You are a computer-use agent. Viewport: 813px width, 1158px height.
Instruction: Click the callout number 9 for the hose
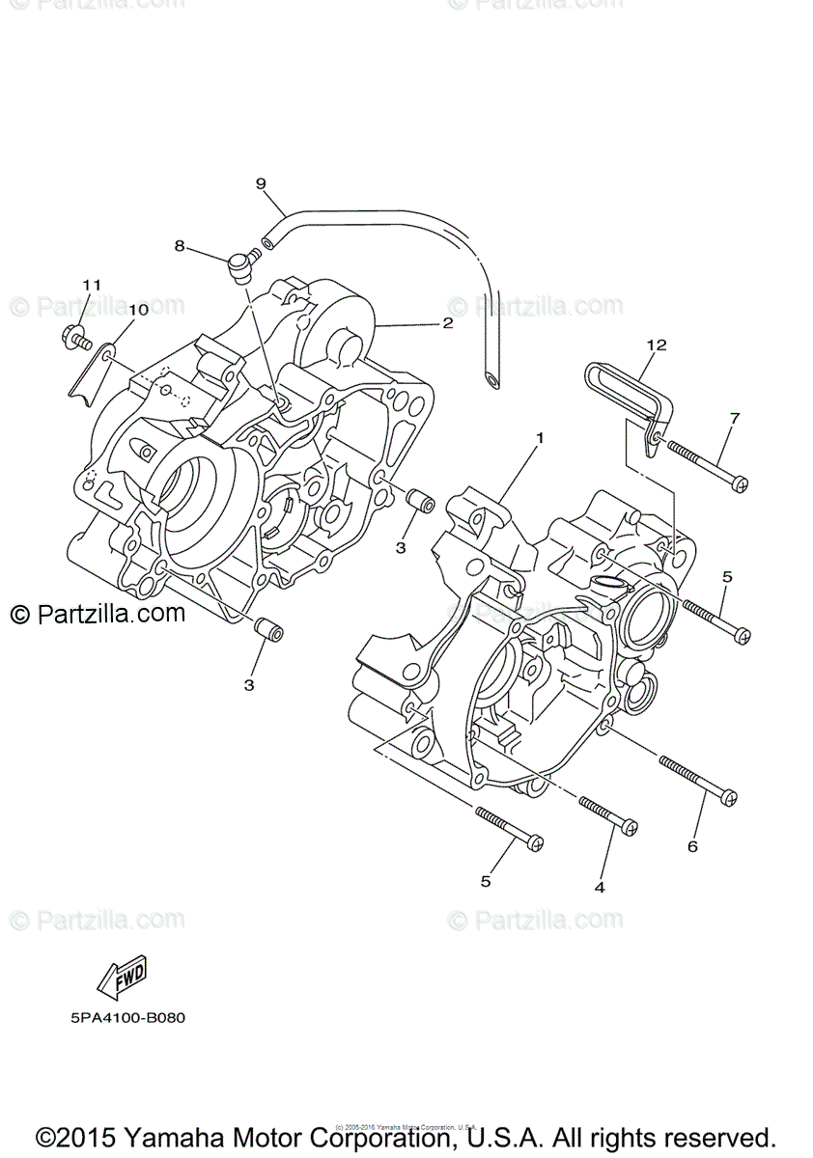(x=260, y=182)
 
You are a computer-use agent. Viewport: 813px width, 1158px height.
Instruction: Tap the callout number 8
(x=180, y=246)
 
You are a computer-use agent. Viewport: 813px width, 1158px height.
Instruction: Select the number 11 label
(x=91, y=285)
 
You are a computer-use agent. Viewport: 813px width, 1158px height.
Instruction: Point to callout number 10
(x=138, y=310)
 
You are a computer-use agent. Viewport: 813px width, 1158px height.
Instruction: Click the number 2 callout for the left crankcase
(x=447, y=323)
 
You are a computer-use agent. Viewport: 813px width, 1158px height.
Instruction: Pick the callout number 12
(x=658, y=345)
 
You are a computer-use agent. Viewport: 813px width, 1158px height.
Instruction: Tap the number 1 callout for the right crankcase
(x=540, y=437)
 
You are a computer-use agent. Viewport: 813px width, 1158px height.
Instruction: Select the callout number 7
(x=735, y=418)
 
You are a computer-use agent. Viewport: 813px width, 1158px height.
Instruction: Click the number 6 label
(x=692, y=846)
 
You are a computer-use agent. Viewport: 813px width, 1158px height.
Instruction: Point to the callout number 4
(x=600, y=887)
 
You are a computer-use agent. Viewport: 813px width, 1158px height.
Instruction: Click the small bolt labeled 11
(x=73, y=338)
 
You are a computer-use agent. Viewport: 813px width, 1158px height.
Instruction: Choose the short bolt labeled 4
(x=608, y=813)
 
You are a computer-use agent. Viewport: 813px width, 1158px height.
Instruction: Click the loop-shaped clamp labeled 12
(x=628, y=386)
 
